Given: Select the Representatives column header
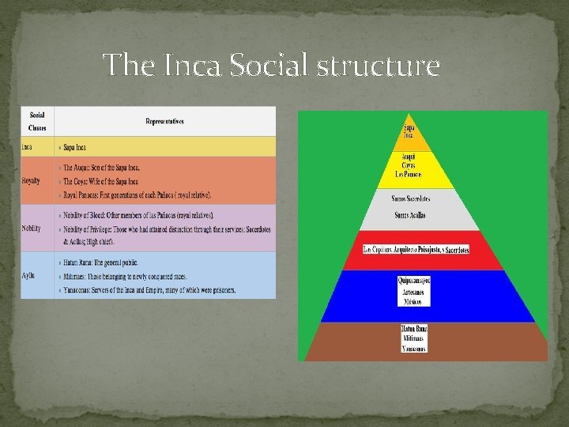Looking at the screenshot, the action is (x=164, y=121).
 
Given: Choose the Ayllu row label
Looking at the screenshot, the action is (x=29, y=274).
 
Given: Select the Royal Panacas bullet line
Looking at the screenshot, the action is (x=138, y=195).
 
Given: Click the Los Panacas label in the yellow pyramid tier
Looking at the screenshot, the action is (x=409, y=174).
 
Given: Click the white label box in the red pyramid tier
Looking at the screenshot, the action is (x=415, y=250).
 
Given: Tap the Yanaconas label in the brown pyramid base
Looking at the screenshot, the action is (x=414, y=348).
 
